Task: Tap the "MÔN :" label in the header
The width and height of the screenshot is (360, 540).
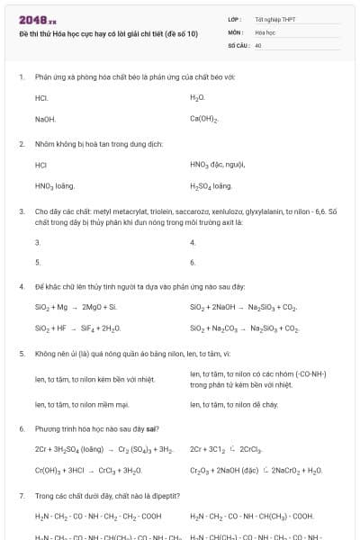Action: (x=238, y=31)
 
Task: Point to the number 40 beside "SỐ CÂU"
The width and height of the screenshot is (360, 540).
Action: (x=258, y=44)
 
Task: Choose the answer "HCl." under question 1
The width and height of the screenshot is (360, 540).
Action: (x=41, y=97)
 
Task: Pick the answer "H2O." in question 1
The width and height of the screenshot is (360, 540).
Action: (x=198, y=97)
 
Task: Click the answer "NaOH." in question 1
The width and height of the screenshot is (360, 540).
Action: (x=45, y=119)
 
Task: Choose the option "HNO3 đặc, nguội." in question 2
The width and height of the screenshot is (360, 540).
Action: (x=218, y=165)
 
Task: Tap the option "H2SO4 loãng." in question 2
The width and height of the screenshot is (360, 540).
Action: (x=211, y=186)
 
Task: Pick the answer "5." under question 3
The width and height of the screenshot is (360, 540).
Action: (x=37, y=262)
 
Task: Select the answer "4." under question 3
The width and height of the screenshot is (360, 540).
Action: (x=193, y=241)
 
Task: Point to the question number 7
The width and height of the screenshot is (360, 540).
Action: (x=21, y=496)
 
